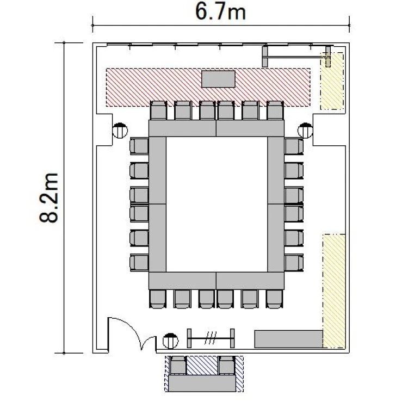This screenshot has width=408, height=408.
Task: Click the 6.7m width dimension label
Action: coord(220,12)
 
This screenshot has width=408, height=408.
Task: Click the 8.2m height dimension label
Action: coord(48,198)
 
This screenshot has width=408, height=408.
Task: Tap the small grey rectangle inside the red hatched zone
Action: coord(219,79)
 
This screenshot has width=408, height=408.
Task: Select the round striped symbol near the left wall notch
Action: coord(120,131)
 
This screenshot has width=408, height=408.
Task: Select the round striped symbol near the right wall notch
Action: coord(305,131)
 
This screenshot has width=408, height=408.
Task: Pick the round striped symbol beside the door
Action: coord(170,341)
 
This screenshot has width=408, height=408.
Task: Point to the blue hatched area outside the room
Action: coord(202,365)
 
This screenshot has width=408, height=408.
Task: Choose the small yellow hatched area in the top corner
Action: coord(332,81)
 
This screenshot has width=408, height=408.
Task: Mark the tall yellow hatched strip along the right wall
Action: coord(334,291)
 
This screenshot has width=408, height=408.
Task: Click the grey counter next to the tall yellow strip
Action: coord(288,339)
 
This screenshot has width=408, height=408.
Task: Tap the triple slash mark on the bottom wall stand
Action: coord(211,338)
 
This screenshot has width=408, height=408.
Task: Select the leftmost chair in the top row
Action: coord(158,110)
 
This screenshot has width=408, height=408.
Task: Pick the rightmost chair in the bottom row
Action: coord(275,299)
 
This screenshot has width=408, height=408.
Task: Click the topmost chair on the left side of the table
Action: coord(139,146)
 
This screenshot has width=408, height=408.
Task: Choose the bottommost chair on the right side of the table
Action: coord(294,263)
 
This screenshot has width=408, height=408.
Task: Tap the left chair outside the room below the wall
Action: coord(178,366)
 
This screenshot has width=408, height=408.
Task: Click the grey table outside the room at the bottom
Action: coord(202,383)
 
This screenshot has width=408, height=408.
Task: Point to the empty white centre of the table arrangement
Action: coord(217,204)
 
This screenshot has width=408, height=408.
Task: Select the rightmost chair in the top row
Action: coord(275,110)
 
